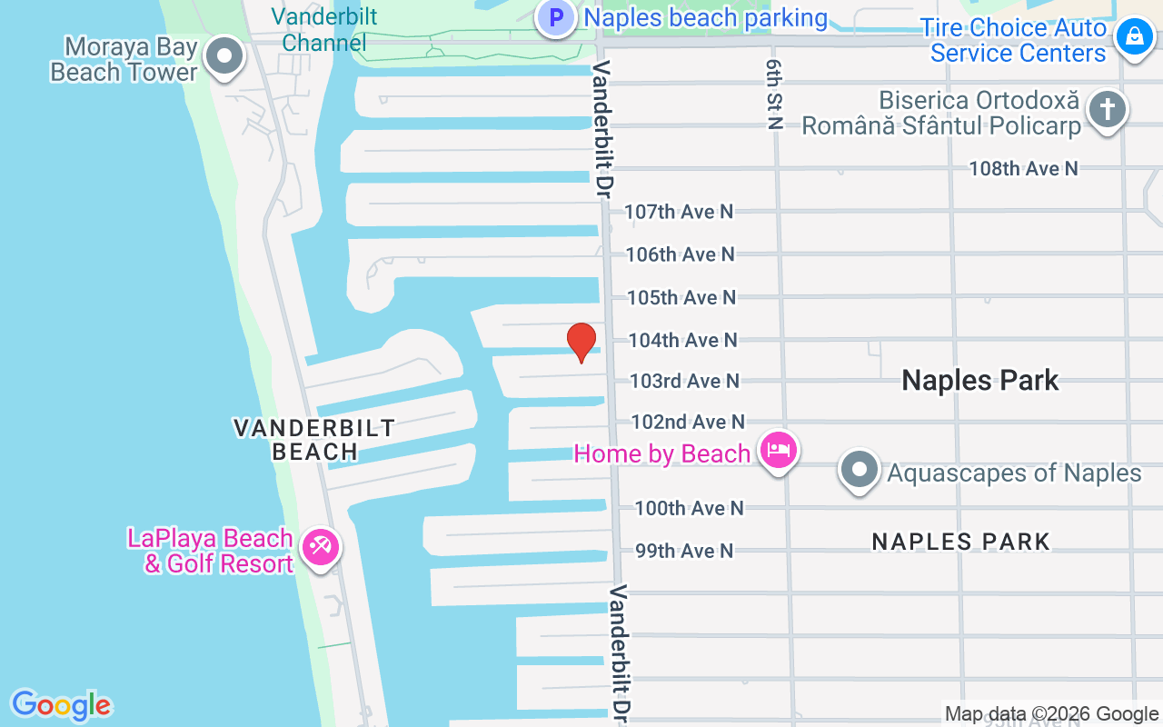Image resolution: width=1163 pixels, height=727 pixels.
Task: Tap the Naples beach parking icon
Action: [x=555, y=17]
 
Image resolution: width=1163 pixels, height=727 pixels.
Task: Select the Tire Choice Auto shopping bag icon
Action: [x=1134, y=38]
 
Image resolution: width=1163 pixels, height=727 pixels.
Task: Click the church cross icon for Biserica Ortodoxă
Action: [x=1106, y=111]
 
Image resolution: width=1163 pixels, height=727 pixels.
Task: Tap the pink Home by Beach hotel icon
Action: [x=779, y=450]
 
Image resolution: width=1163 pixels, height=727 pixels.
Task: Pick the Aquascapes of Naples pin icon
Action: [x=860, y=471]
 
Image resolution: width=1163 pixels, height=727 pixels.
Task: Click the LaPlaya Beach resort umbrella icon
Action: [x=321, y=548]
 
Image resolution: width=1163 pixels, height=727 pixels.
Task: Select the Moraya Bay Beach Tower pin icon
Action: [x=224, y=57]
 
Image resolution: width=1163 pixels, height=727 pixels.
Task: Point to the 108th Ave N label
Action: [x=1023, y=168]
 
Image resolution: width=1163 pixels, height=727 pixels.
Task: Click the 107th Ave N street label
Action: [x=679, y=212]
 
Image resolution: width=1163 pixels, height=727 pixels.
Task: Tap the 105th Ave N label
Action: [x=681, y=297]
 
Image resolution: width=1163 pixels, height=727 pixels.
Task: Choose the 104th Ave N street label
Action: [x=682, y=340]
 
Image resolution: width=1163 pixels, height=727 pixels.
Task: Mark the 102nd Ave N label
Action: [x=688, y=422]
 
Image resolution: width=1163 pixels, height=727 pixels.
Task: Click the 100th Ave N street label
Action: [x=689, y=508]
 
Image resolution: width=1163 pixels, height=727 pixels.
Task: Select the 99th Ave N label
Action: [x=683, y=551]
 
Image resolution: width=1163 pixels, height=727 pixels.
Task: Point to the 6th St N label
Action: [x=774, y=95]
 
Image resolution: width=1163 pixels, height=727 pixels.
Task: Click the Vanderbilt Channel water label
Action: [x=324, y=29]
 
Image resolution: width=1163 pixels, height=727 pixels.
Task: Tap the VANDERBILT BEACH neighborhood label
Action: [x=314, y=439]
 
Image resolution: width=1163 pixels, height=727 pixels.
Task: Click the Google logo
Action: [x=61, y=706]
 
